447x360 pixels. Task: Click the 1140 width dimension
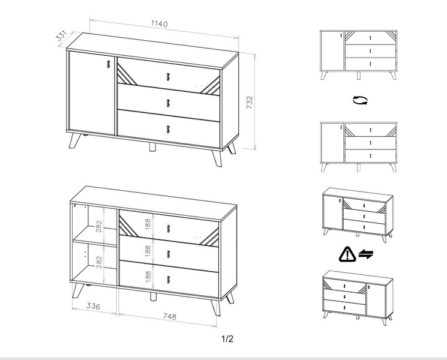[160, 23]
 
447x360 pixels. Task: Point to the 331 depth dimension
[61, 35]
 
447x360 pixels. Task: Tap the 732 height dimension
[250, 103]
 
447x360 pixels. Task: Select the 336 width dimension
[93, 306]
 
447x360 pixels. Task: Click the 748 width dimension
[170, 316]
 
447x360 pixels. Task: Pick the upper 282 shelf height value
[98, 226]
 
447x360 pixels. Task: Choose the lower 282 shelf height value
[98, 262]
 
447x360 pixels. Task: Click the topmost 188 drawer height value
[148, 224]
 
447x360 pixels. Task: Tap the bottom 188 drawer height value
[148, 277]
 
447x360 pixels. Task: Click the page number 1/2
[227, 339]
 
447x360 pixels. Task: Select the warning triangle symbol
[347, 254]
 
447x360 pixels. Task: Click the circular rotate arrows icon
[360, 100]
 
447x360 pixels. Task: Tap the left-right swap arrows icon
[366, 254]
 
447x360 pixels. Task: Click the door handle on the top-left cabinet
[109, 64]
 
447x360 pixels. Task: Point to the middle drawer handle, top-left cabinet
[168, 103]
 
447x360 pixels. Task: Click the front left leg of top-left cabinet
[74, 140]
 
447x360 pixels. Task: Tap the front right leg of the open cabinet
[216, 308]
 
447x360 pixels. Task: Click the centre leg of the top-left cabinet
[153, 147]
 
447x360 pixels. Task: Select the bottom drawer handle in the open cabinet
[169, 280]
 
